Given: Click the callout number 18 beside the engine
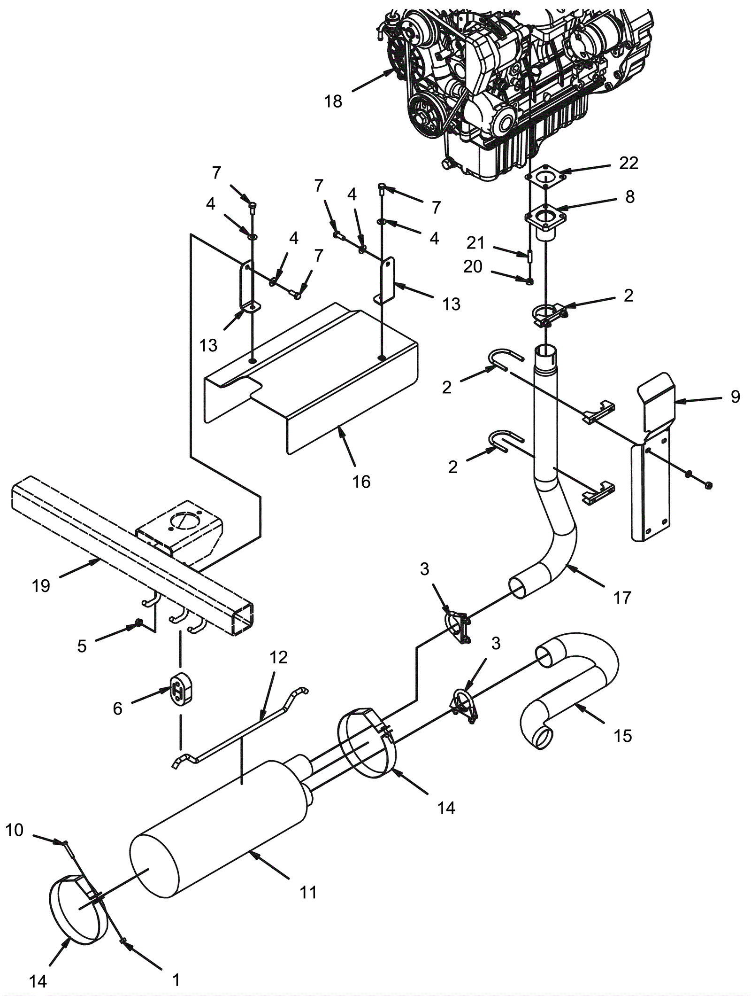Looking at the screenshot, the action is point(333,101).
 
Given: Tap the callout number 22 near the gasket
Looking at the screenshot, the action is point(628,163).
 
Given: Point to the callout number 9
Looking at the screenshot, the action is point(735,397).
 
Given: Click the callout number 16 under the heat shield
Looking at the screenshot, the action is point(361,482).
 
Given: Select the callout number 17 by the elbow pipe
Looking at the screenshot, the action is point(622,598).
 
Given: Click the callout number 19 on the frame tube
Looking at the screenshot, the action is point(41,585).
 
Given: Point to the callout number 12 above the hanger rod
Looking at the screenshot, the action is point(278,657).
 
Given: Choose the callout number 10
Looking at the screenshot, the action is point(14,830).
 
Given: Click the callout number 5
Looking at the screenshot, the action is point(82,646).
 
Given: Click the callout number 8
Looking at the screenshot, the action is point(629,197).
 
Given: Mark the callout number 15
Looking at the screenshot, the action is point(623,735).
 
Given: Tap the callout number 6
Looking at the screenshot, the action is point(117,708).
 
